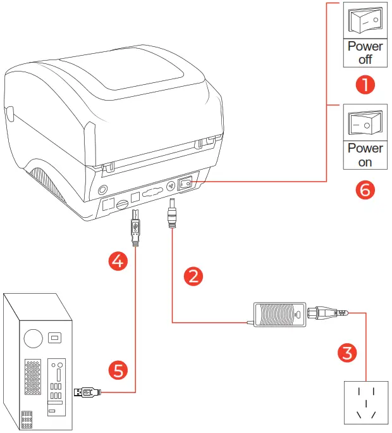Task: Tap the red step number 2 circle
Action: (x=193, y=275)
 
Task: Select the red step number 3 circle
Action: (x=347, y=353)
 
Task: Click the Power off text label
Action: (x=365, y=53)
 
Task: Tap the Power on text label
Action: (x=365, y=155)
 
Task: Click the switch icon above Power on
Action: (x=365, y=123)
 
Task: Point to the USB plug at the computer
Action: (x=87, y=392)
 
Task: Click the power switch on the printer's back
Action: (x=186, y=184)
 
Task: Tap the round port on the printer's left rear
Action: (x=102, y=190)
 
